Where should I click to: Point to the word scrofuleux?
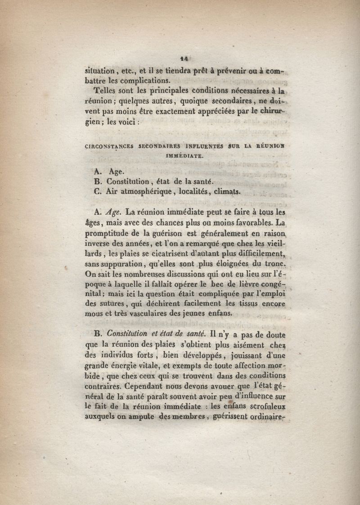[264, 406]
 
